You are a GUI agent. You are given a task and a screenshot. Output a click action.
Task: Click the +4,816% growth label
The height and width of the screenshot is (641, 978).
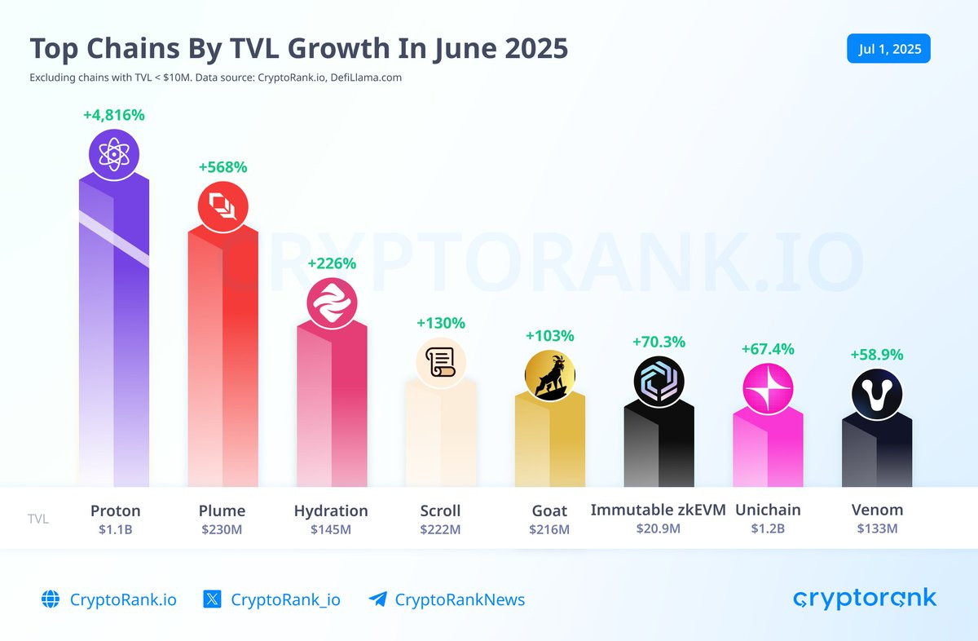114,115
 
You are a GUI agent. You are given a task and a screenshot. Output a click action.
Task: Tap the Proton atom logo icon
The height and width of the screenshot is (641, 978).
114,155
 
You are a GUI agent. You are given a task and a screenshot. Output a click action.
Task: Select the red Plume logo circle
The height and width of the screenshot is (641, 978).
222,206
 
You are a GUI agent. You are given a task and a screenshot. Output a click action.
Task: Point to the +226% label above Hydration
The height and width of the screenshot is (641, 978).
332,263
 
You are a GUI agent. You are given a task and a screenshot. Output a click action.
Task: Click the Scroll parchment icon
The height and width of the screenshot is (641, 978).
441,363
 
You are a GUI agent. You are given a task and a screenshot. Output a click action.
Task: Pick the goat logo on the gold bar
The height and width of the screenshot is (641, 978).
549,375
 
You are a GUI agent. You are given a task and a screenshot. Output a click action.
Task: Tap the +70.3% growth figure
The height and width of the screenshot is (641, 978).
659,342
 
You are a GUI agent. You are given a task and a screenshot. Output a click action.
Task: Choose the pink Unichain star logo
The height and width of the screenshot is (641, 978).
768,388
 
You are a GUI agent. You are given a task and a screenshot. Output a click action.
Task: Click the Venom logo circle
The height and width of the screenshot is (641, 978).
877,394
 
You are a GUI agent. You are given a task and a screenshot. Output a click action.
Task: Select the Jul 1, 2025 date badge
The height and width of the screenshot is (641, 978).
888,48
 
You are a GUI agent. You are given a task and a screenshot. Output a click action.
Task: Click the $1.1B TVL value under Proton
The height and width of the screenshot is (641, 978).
115,529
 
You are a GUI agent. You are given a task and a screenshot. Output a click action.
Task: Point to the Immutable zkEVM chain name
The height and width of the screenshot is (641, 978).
658,510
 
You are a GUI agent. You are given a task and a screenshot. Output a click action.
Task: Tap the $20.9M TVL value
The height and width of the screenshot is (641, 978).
658,528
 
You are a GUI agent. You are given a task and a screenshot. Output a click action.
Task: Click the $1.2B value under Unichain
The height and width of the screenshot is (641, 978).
768,528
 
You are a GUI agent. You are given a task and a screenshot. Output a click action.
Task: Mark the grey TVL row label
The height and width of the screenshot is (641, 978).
38,519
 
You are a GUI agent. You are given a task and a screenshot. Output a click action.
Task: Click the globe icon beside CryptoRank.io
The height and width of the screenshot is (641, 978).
51,599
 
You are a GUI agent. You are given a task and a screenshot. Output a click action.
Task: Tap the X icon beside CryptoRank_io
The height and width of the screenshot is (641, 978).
212,599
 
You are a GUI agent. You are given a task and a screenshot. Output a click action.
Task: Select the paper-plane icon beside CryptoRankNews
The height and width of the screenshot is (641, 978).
377,599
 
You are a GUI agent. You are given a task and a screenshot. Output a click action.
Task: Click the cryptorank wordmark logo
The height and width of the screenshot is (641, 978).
865,599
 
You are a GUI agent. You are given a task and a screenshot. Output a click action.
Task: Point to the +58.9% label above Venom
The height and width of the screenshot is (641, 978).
877,355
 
